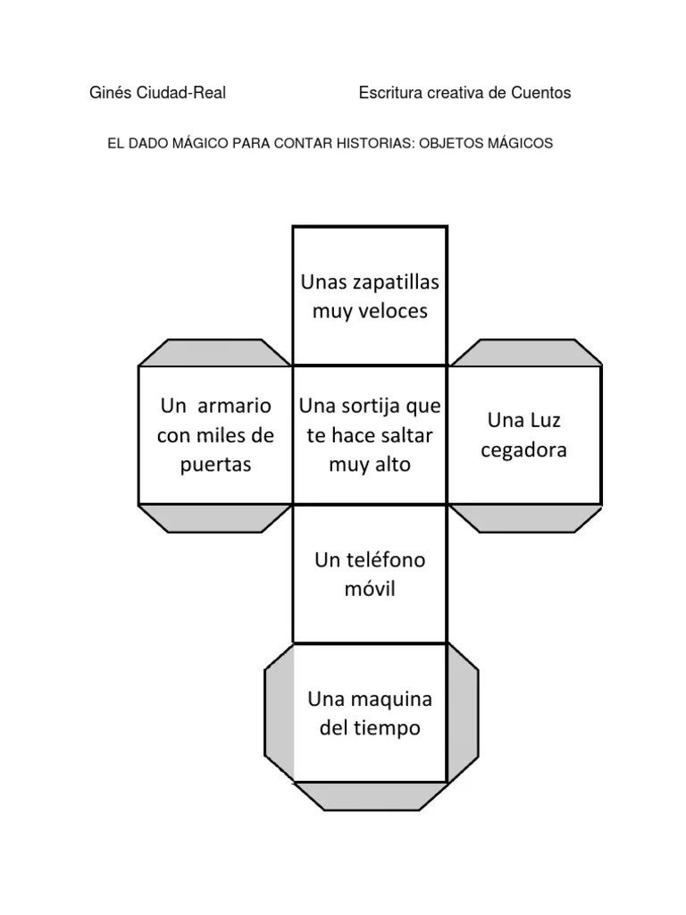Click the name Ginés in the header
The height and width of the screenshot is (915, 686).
110,93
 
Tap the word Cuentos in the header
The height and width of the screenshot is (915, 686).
541,93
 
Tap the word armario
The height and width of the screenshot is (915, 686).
234,406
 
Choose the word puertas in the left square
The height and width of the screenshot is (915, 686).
215,465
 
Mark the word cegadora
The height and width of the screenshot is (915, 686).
523,449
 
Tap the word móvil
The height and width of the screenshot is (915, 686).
370,590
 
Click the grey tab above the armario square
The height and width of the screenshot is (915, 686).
215,352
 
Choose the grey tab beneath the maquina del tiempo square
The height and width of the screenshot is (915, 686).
370,795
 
